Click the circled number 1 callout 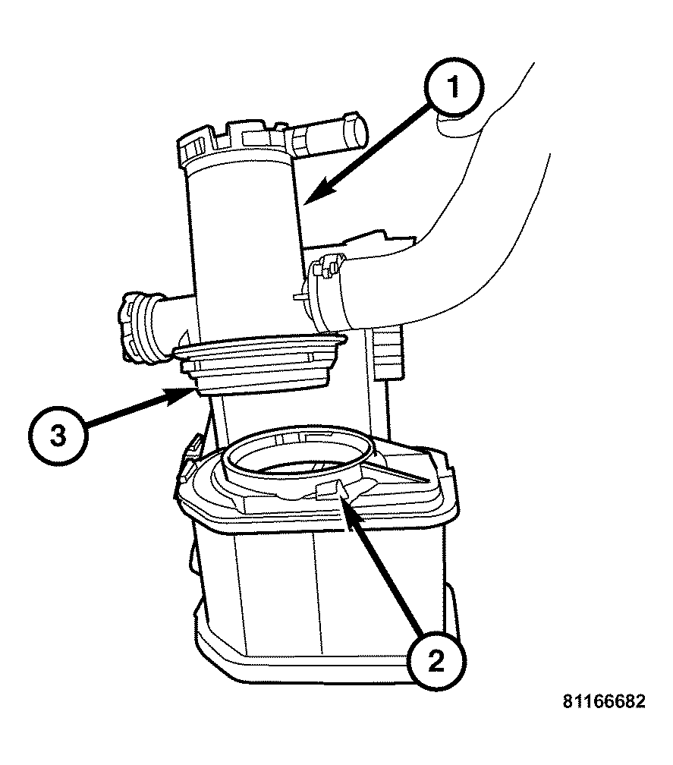click(453, 88)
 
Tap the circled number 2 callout click(436, 660)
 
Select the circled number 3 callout click(58, 435)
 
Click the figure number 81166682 click(604, 701)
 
